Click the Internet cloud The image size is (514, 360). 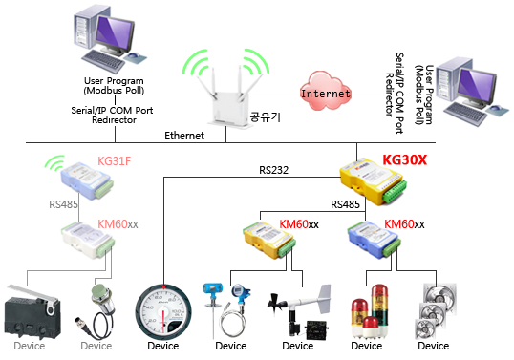click(322, 94)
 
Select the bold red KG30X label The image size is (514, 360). click(405, 160)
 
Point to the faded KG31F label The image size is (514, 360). click(114, 160)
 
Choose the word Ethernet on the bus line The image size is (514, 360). click(184, 137)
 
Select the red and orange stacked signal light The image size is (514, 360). click(367, 307)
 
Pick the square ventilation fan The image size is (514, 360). click(428, 307)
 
